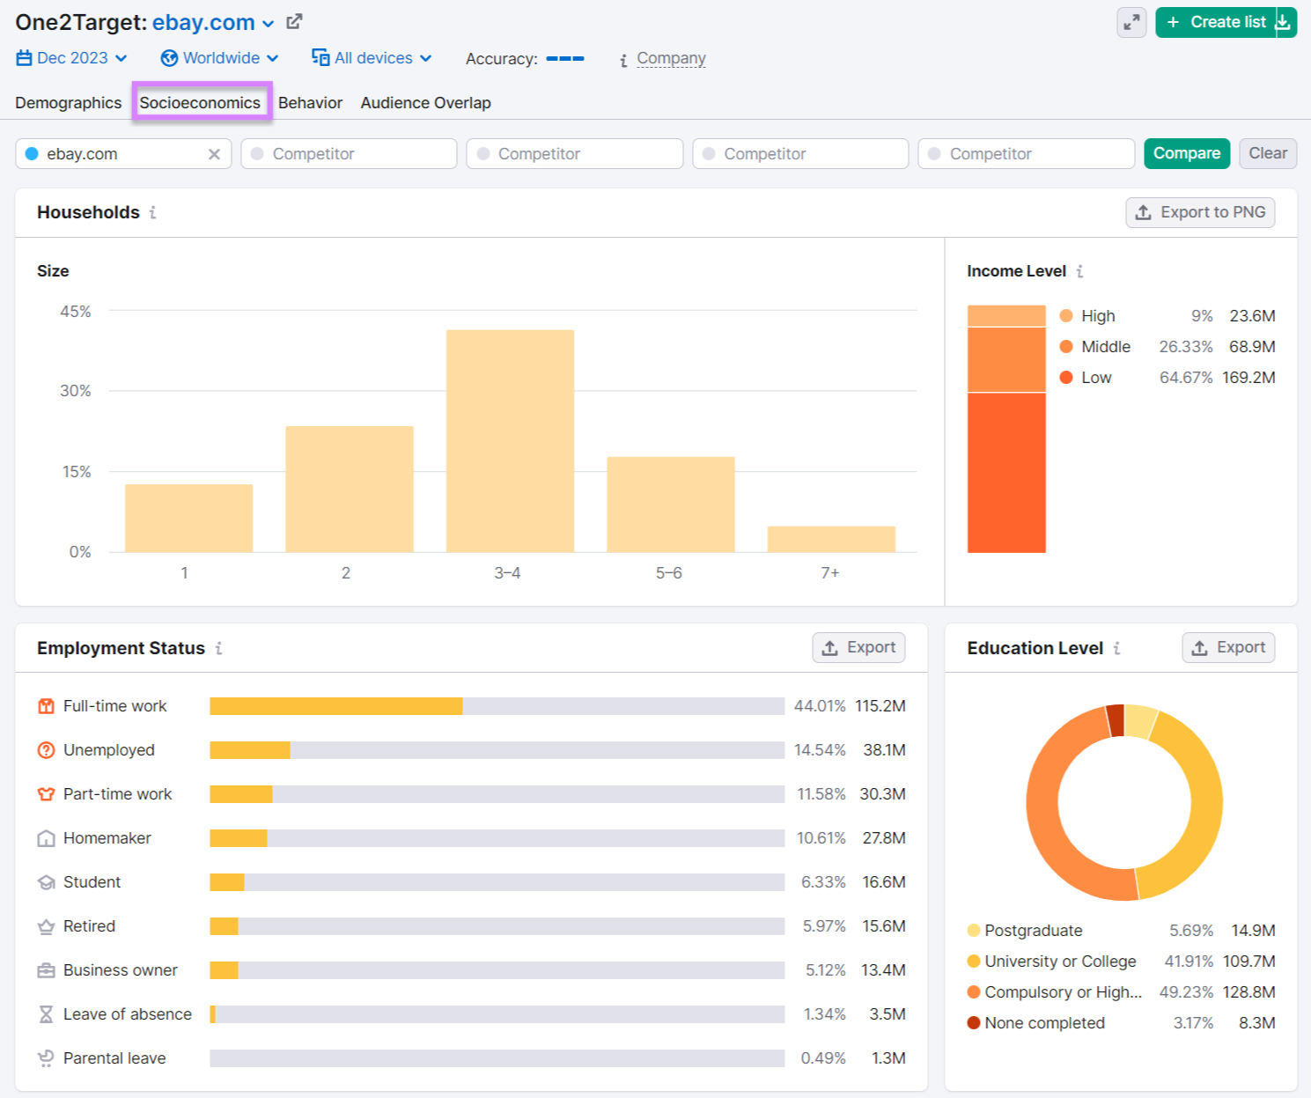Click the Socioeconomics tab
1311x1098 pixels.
pos(201,103)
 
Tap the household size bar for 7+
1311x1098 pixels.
pos(831,539)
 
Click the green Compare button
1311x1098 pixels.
pos(1186,153)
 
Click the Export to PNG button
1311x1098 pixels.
pos(1199,212)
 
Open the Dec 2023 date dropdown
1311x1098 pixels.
pos(72,58)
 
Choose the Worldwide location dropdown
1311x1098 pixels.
pos(220,58)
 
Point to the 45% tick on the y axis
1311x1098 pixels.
pos(76,312)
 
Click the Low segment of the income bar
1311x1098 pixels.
pos(1006,472)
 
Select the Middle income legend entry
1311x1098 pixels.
pos(1105,347)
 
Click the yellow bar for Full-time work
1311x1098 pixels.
pos(335,706)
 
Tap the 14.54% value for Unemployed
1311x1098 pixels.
pos(819,750)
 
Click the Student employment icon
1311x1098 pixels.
pos(47,882)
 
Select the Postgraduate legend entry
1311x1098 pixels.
pos(1033,931)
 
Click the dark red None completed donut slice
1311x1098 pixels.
pos(1116,720)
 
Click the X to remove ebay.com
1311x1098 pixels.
pos(214,154)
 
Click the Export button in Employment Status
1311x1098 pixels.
pos(858,648)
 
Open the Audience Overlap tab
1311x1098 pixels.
pos(425,103)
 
